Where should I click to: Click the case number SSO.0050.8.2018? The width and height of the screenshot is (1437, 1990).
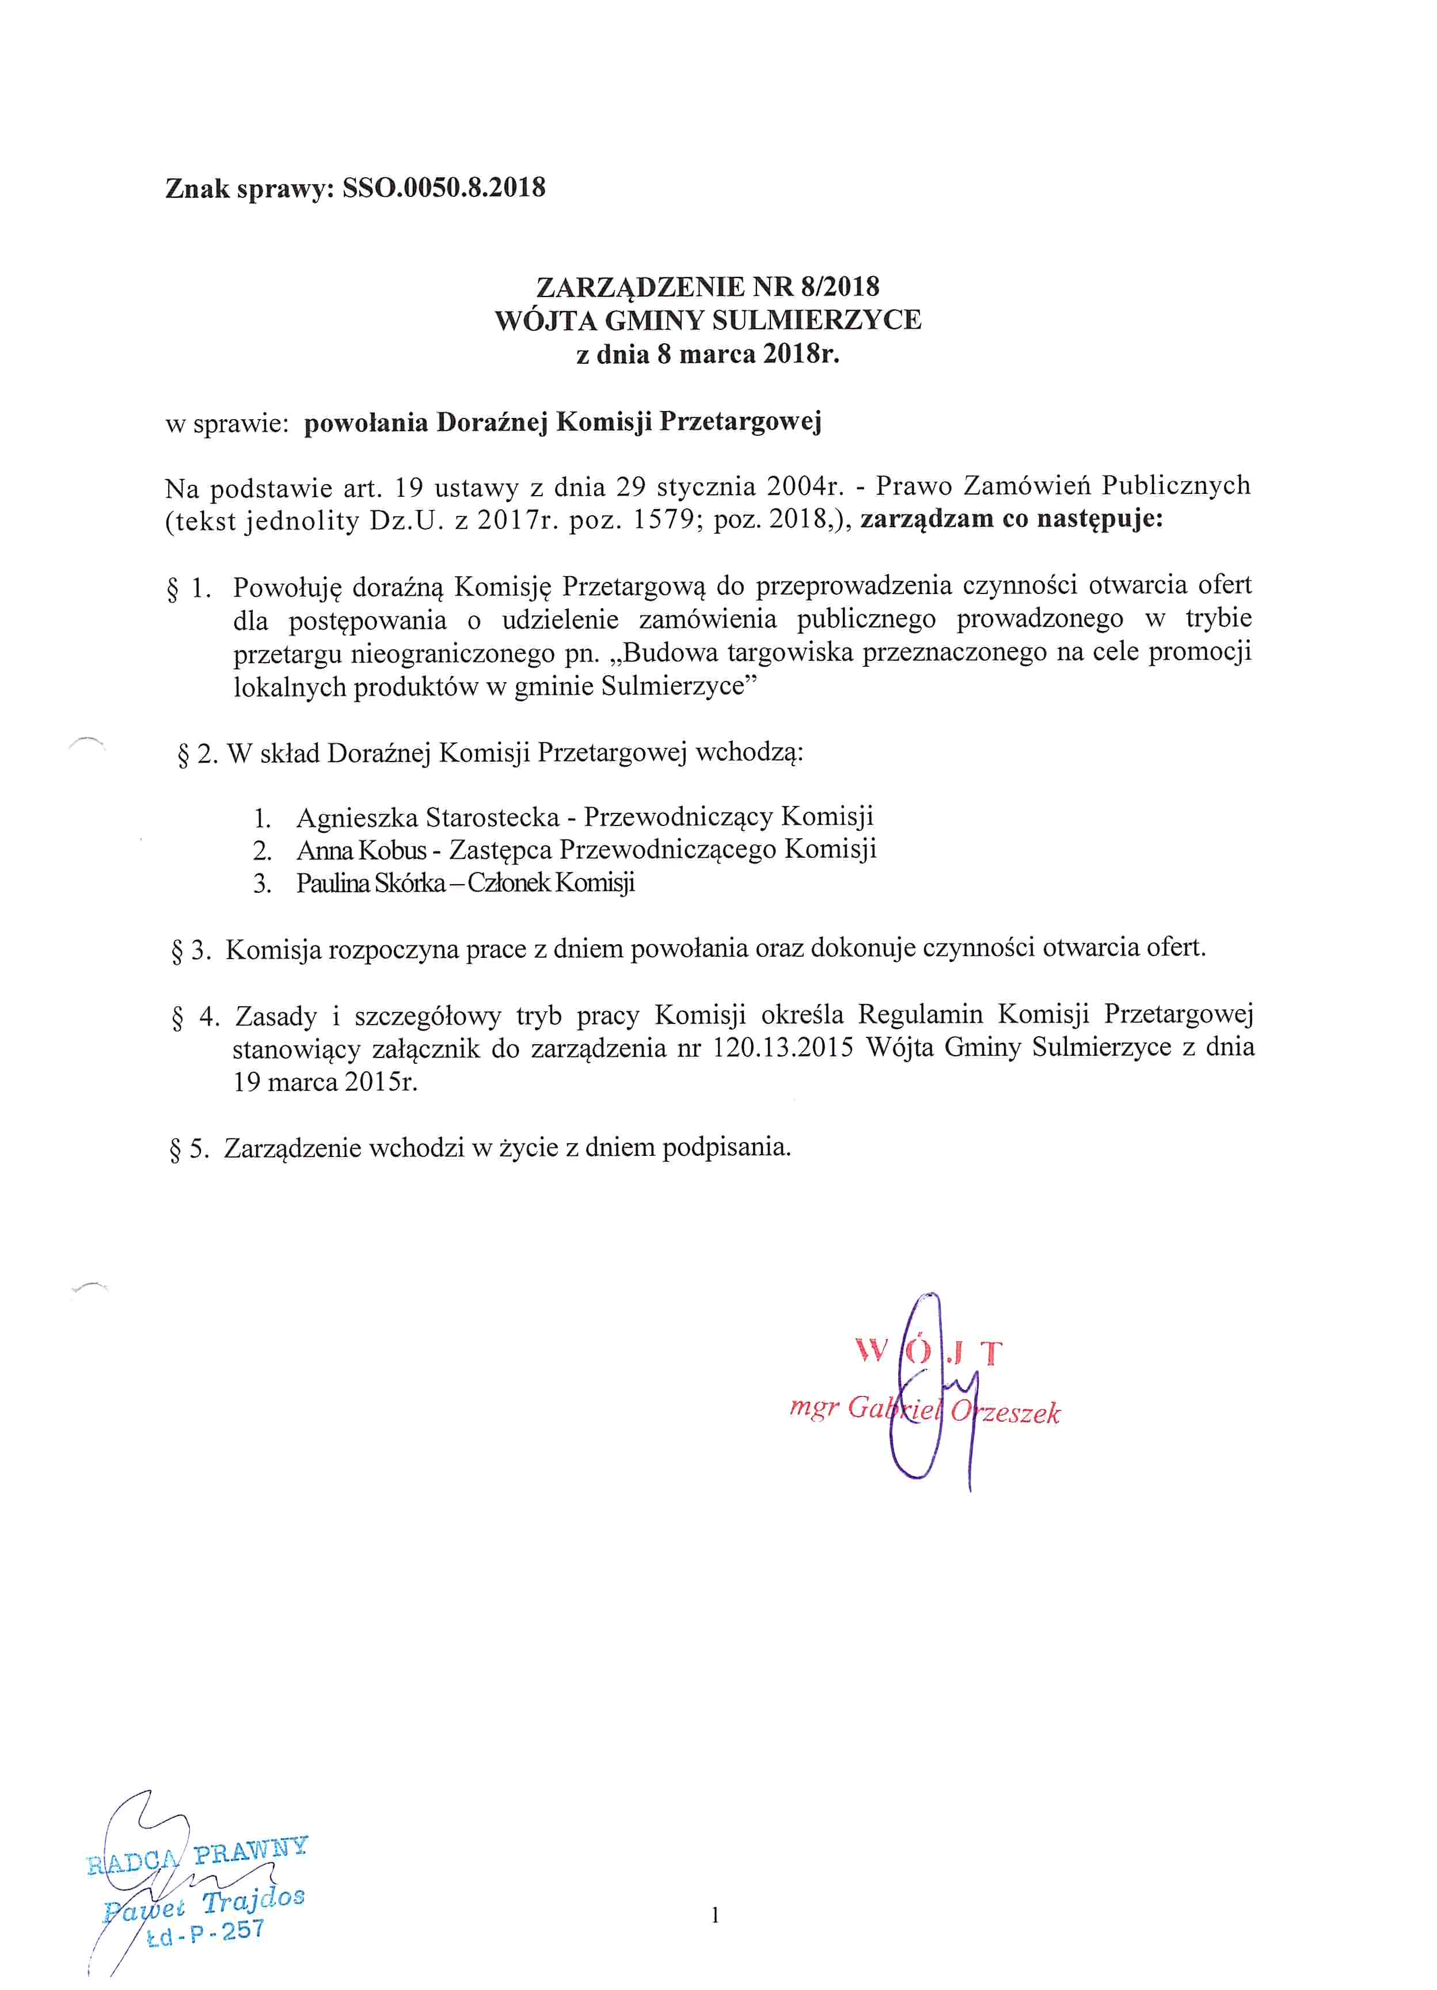[444, 188]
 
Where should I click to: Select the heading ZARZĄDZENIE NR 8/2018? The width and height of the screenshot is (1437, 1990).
[707, 287]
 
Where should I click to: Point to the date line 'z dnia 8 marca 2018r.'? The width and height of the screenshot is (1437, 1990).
[707, 355]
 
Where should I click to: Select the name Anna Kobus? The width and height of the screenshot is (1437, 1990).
[362, 850]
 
